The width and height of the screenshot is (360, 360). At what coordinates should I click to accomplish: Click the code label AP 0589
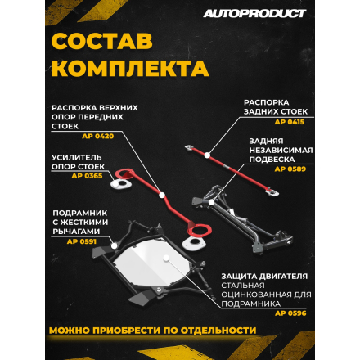point(300,168)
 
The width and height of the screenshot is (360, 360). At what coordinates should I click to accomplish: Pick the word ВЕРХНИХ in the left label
point(118,107)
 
